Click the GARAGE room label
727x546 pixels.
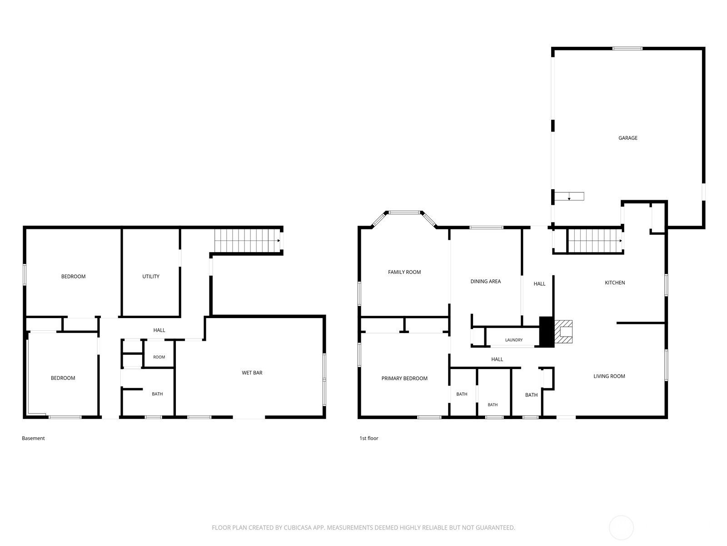point(627,138)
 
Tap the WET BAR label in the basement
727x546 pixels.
point(252,373)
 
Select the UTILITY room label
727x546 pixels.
point(151,277)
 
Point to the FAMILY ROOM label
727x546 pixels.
point(404,272)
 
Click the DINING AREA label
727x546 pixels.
point(485,282)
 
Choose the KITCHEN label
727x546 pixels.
point(615,283)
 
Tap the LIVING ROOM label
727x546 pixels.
point(609,376)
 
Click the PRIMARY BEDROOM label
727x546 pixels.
point(404,378)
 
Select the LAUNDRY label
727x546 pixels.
point(514,340)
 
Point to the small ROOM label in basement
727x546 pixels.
point(159,357)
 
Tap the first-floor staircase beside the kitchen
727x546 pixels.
point(595,241)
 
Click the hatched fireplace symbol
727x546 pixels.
point(563,332)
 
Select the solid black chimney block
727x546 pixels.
point(547,332)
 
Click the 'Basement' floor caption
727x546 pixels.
point(33,438)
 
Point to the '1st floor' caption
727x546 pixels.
point(368,438)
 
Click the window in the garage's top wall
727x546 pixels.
point(627,49)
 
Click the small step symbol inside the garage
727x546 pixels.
point(569,196)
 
